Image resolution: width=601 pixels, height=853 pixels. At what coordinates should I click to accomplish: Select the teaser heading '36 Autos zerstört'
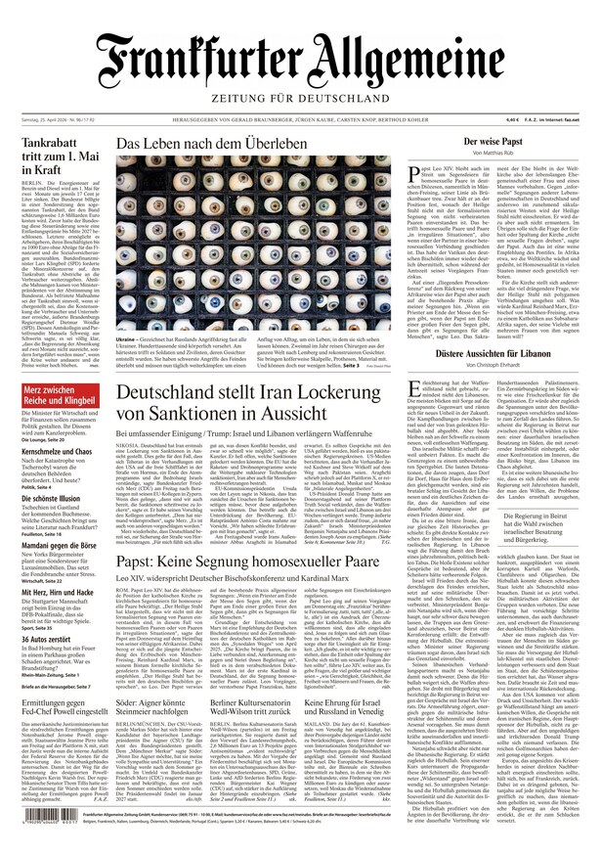(x=50, y=667)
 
